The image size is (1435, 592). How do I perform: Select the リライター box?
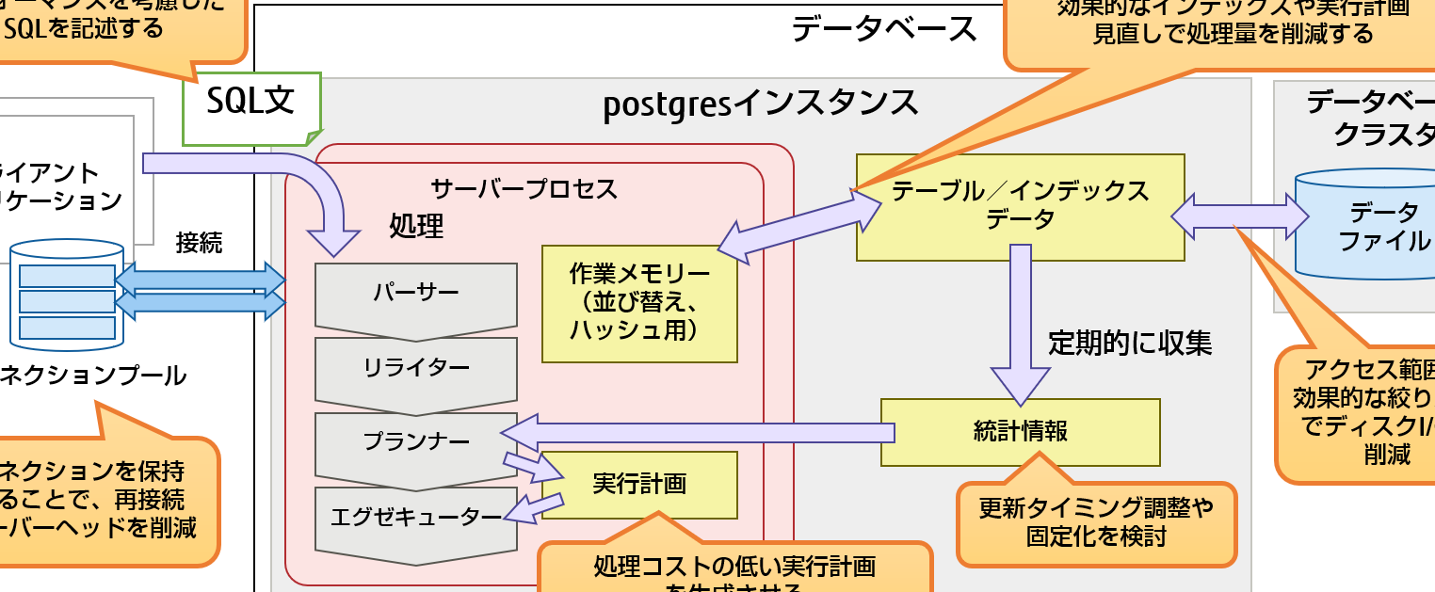pos(415,368)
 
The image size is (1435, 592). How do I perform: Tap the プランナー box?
pos(415,441)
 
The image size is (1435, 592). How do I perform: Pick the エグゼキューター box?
pos(415,517)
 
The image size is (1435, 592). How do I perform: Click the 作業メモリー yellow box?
pos(639,303)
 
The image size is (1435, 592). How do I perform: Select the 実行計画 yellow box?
pos(639,485)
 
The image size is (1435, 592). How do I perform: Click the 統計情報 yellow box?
pos(1020,432)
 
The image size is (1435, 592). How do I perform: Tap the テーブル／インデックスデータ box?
pos(1020,206)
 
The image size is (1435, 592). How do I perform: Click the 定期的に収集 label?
pos(1130,344)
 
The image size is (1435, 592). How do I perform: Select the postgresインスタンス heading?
pos(761,103)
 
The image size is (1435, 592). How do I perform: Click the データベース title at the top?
pos(884,29)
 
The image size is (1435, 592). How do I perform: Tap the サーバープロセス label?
pos(524,189)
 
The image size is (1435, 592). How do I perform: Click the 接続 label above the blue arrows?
pos(199,243)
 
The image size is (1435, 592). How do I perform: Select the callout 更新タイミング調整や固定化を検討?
pos(1096,523)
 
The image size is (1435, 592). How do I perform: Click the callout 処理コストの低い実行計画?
pos(734,569)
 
